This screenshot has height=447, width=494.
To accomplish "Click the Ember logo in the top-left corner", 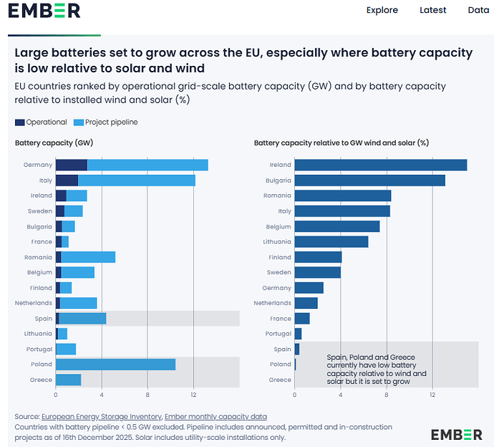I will pyautogui.click(x=44, y=11).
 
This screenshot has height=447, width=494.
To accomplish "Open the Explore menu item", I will pyautogui.click(x=382, y=10).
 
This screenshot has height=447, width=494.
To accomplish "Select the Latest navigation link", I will pyautogui.click(x=432, y=10).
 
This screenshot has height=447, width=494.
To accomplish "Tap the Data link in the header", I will pyautogui.click(x=478, y=10).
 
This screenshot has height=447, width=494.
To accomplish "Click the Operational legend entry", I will pyautogui.click(x=41, y=122).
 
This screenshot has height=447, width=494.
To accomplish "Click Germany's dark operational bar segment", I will pyautogui.click(x=71, y=165).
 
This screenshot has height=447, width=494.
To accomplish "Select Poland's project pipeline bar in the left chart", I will pyautogui.click(x=115, y=365).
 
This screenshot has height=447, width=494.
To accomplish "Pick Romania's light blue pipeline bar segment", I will pyautogui.click(x=88, y=257).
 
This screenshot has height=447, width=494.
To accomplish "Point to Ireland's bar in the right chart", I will pyautogui.click(x=380, y=165).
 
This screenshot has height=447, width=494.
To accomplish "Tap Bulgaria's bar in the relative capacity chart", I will pyautogui.click(x=369, y=181).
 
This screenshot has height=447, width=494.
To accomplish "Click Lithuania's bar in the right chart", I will pyautogui.click(x=331, y=241).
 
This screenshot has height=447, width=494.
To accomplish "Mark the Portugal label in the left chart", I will pyautogui.click(x=39, y=350).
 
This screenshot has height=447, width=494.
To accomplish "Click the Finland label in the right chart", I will pyautogui.click(x=280, y=257).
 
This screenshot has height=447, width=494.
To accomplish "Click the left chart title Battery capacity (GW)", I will pyautogui.click(x=54, y=143).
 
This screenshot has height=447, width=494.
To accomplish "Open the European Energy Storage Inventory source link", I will pyautogui.click(x=101, y=416).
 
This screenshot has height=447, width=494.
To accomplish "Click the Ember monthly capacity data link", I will pyautogui.click(x=215, y=416).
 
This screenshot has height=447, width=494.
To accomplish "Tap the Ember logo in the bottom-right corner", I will pyautogui.click(x=456, y=434).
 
